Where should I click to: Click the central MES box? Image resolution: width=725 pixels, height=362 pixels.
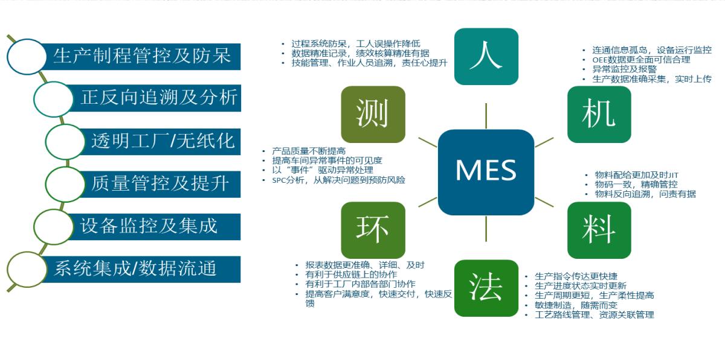click(x=486, y=173)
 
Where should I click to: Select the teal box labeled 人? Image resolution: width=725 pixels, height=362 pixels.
click(x=486, y=57)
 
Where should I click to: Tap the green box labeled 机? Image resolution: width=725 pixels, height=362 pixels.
click(x=599, y=114)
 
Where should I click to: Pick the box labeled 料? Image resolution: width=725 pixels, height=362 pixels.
click(x=599, y=230)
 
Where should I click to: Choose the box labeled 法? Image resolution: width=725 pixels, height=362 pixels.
click(x=486, y=288)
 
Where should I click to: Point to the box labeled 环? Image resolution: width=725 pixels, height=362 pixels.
click(x=373, y=230)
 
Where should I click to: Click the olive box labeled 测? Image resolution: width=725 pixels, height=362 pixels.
click(x=373, y=114)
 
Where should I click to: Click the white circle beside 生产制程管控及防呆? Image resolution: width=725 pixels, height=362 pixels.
click(x=27, y=57)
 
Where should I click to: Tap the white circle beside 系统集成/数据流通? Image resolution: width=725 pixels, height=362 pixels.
click(x=27, y=270)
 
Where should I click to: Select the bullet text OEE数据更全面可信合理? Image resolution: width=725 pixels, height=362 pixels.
click(x=641, y=60)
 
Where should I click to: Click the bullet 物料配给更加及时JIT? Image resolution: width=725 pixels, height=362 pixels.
click(x=636, y=175)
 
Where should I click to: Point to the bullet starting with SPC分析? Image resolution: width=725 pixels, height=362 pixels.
click(x=338, y=180)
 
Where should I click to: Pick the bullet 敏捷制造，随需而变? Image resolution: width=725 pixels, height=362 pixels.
click(x=576, y=305)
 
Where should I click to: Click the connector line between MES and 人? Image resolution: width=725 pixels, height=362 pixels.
click(x=486, y=116)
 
